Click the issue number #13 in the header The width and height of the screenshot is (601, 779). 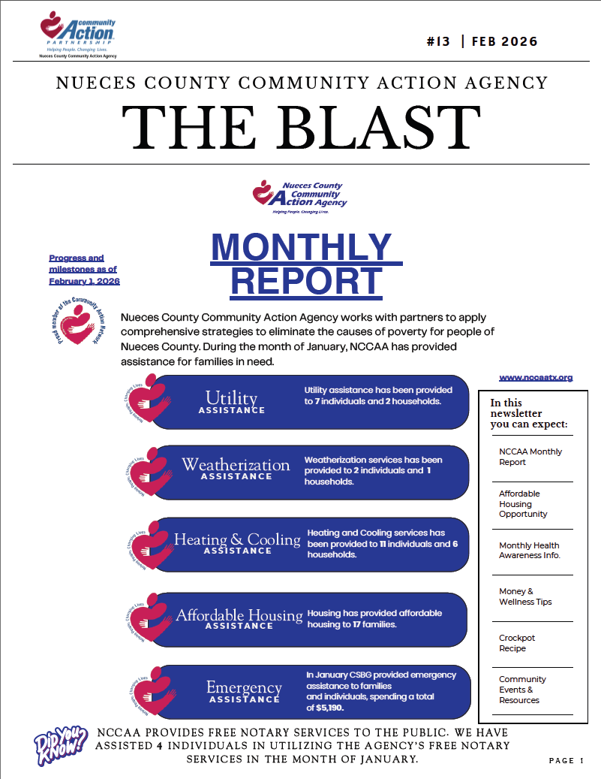click(437, 42)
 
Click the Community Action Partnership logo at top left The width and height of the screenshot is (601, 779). click(78, 34)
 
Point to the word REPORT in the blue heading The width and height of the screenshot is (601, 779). click(306, 280)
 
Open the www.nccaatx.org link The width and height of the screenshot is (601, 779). click(536, 377)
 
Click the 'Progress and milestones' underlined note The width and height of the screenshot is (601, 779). click(84, 270)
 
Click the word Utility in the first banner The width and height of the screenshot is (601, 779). click(231, 397)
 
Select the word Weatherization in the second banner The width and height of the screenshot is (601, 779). click(236, 464)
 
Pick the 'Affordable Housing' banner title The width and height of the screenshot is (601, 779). click(239, 615)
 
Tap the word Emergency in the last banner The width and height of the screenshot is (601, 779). click(244, 687)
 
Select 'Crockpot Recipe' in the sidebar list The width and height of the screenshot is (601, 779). click(517, 643)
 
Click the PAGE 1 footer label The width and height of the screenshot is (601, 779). click(566, 761)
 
